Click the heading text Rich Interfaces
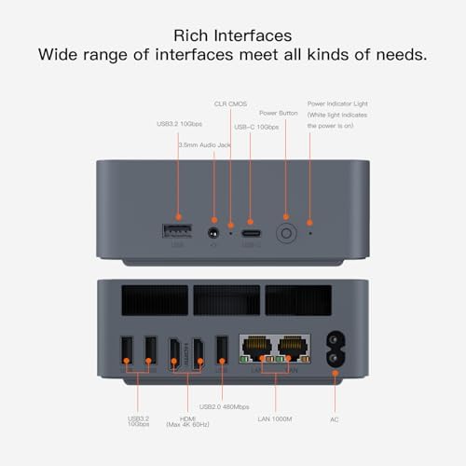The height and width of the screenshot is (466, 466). tap(233, 34)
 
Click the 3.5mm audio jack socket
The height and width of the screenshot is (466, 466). tap(215, 234)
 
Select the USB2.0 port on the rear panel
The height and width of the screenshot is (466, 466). tap(221, 350)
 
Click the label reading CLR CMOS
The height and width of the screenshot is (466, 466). tap(230, 103)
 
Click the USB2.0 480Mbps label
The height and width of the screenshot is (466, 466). tap(225, 406)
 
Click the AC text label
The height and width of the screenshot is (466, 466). tap(335, 419)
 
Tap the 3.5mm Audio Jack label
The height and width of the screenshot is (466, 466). tap(204, 144)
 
